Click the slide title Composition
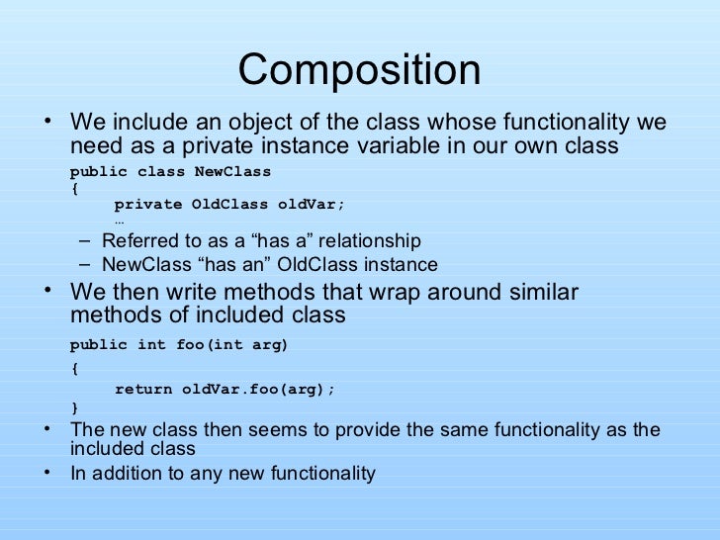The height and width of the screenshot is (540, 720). point(359,70)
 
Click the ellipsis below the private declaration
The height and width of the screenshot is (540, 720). point(120,221)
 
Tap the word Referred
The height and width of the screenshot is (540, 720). point(137,241)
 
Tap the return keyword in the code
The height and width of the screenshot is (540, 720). point(143,389)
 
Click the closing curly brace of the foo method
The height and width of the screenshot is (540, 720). point(75,407)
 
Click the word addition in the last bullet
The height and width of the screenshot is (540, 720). point(128,473)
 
